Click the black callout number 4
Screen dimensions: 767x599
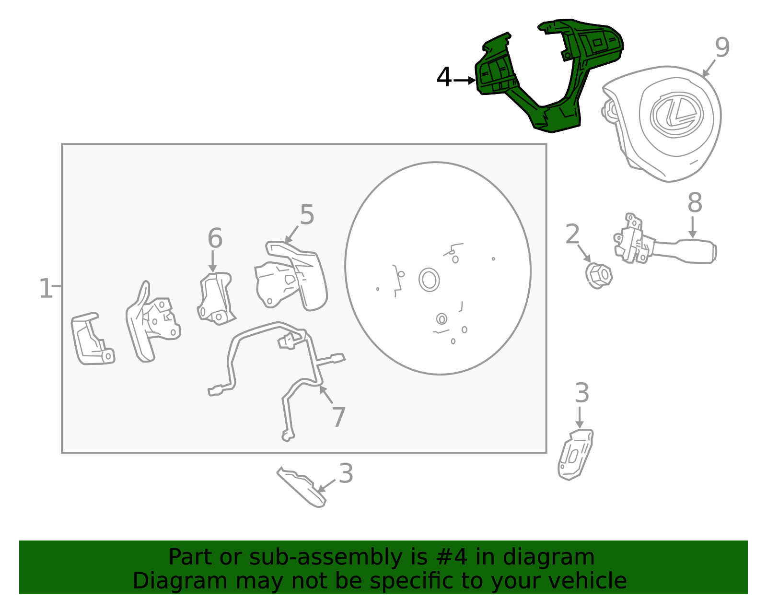pyautogui.click(x=444, y=77)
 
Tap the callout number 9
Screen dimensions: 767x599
pyautogui.click(x=722, y=47)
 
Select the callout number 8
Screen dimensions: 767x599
pyautogui.click(x=695, y=203)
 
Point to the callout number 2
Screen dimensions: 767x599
pyautogui.click(x=572, y=234)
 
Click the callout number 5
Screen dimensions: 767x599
pyautogui.click(x=307, y=214)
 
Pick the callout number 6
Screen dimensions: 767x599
pyautogui.click(x=215, y=238)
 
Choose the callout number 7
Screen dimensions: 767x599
pyautogui.click(x=339, y=417)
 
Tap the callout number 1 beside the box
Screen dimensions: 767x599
pyautogui.click(x=46, y=288)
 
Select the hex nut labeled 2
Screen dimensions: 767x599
pyautogui.click(x=599, y=276)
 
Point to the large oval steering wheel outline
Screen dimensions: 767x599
pyautogui.click(x=345, y=268)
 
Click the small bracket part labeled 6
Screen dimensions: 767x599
pyautogui.click(x=216, y=299)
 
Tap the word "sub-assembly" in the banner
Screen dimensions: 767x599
pyautogui.click(x=325, y=557)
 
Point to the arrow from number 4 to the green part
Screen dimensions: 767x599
pyautogui.click(x=465, y=81)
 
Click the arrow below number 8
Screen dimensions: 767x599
pyautogui.click(x=692, y=227)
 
